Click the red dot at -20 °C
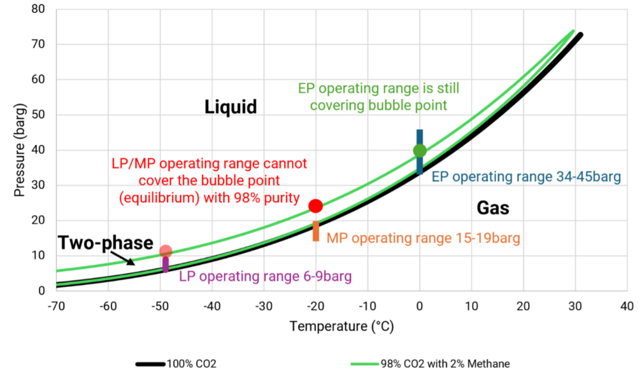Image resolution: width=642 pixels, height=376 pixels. pyautogui.click(x=315, y=206)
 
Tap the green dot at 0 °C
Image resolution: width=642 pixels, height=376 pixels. pyautogui.click(x=419, y=150)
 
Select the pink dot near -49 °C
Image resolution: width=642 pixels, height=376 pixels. pyautogui.click(x=166, y=251)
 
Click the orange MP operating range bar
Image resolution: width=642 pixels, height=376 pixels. pyautogui.click(x=316, y=232)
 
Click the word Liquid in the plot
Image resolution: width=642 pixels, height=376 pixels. pyautogui.click(x=231, y=107)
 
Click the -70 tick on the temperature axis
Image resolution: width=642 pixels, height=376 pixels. pyautogui.click(x=56, y=306)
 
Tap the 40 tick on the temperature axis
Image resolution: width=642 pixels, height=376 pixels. pyautogui.click(x=626, y=306)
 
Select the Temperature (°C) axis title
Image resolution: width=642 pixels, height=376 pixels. pyautogui.click(x=341, y=326)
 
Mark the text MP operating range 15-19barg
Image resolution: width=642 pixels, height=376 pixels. pyautogui.click(x=423, y=238)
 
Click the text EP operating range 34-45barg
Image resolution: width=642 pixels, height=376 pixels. pyautogui.click(x=527, y=177)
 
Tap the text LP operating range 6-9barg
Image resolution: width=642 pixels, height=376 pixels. pyautogui.click(x=265, y=276)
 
